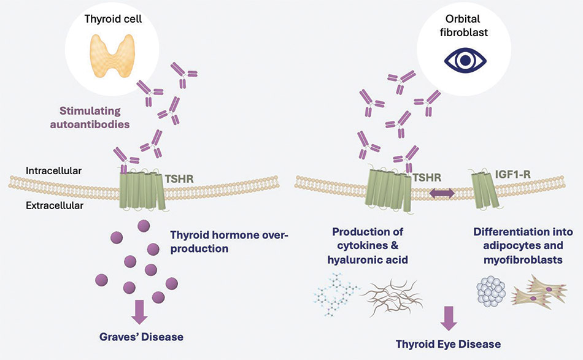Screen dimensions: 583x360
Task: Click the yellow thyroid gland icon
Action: coord(113,56)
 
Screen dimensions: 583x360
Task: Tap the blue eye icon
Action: coord(465,60)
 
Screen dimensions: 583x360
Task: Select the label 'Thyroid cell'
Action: coord(113,19)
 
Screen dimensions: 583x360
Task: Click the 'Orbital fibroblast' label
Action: coord(464,25)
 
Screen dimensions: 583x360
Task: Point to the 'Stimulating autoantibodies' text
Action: coord(90,117)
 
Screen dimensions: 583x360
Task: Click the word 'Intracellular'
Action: coord(53,171)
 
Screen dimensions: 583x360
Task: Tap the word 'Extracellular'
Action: coord(54,205)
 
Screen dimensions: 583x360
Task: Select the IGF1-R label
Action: coord(512,174)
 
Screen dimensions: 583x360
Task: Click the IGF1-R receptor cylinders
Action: coord(484,190)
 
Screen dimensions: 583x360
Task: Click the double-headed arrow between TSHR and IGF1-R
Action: coord(442,193)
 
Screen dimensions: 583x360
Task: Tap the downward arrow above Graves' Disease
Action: coord(139,312)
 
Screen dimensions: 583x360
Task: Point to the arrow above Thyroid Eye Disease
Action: coord(449,318)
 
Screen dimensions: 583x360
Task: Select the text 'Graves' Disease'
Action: coord(141,337)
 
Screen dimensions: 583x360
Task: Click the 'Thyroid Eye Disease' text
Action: coord(448,344)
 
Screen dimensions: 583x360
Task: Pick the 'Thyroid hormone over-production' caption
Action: coord(229,242)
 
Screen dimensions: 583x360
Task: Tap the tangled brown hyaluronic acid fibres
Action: coord(393,297)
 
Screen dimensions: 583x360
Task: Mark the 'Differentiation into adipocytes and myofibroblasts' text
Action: coord(523,245)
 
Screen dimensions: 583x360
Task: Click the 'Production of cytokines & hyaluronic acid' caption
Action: coord(368,245)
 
